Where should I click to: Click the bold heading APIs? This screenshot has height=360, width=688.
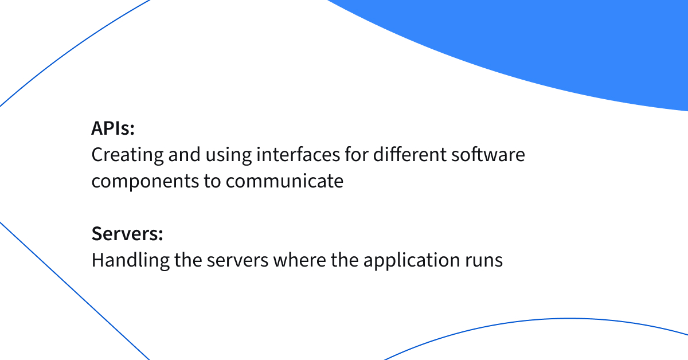(113, 128)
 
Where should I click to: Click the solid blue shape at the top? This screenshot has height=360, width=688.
(545, 46)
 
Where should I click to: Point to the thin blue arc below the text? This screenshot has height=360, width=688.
(568, 319)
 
